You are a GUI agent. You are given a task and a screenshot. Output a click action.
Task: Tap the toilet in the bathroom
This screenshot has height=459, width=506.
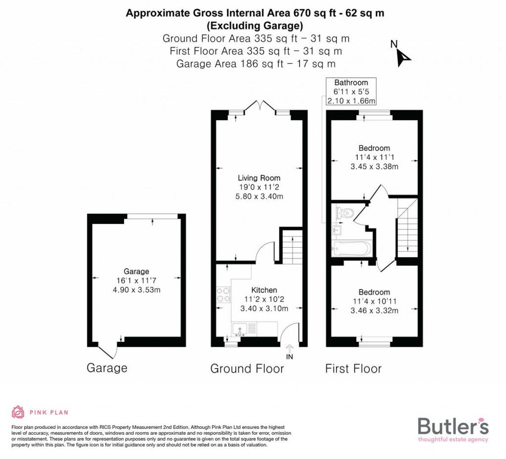346,213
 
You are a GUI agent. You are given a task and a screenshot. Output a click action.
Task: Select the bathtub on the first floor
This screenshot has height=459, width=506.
352,249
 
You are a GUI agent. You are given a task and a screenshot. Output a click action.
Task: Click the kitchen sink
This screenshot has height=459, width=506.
240,328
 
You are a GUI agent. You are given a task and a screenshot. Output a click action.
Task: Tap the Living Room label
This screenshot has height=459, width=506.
259,178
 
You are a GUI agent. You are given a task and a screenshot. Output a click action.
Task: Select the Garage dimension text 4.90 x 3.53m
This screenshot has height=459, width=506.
136,290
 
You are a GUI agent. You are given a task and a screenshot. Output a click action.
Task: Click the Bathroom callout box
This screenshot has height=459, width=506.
351,92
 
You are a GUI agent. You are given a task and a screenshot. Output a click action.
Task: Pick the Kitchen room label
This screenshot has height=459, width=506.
264,290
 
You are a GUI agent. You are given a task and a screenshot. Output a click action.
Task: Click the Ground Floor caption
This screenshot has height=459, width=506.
247,368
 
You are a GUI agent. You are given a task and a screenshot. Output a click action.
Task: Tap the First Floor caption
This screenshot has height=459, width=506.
353,368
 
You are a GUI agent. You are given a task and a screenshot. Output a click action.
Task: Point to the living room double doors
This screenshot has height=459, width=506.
262,106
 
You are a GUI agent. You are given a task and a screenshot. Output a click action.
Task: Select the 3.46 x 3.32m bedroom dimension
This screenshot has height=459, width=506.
374,311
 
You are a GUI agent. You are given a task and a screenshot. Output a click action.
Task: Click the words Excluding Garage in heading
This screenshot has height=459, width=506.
254,26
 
